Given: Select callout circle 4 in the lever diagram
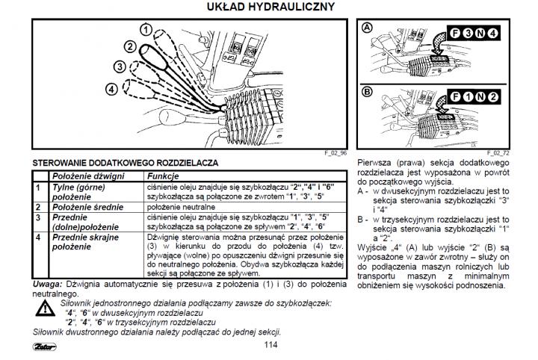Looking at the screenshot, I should (111, 88).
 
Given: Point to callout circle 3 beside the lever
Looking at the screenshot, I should (120, 66).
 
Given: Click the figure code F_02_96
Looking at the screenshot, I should (336, 152).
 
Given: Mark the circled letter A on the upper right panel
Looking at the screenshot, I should (367, 27).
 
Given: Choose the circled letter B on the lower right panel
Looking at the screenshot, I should (367, 92).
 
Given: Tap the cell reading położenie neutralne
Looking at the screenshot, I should (183, 206).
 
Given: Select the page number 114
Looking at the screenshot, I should (270, 344).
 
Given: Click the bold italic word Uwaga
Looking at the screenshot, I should (47, 285).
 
